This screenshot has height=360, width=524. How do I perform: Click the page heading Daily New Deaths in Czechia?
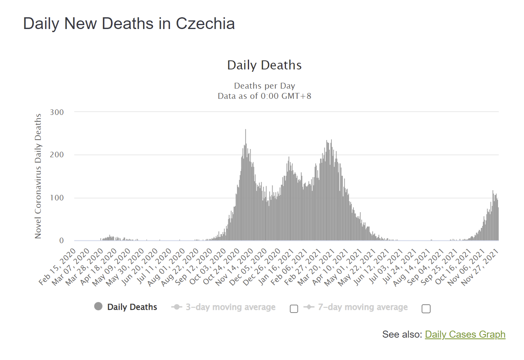tap(129, 24)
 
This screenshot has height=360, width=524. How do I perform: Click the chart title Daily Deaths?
tap(264, 65)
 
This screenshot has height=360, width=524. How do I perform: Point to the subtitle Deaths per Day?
tap(264, 86)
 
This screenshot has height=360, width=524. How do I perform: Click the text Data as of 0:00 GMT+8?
tap(264, 96)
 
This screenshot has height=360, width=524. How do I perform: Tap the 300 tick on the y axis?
tap(57, 112)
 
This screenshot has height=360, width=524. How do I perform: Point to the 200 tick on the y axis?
tap(57, 155)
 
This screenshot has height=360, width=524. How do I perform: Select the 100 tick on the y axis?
tap(57, 198)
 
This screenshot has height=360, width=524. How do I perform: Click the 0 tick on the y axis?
tap(61, 240)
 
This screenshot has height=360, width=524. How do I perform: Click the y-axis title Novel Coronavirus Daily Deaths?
tap(38, 176)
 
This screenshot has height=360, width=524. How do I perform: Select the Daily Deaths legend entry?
tap(132, 307)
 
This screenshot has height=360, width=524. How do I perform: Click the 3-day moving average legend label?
tap(230, 307)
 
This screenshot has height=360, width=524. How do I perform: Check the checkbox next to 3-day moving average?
tap(294, 309)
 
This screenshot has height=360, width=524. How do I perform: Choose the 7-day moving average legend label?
tap(362, 307)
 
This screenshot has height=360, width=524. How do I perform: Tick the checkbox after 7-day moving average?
tap(426, 309)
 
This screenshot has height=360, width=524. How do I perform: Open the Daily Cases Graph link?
tap(465, 335)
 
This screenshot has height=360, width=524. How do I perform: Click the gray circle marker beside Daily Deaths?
tap(98, 307)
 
